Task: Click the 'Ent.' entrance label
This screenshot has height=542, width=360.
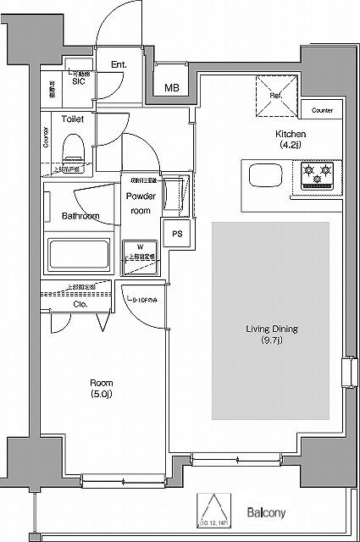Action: coord(119,64)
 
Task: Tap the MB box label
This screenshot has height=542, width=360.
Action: coord(171,87)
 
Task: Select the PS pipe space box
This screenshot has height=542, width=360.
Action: coord(177,235)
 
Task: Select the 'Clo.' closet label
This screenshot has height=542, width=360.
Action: coord(81,303)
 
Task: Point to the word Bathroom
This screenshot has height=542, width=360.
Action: coord(80,216)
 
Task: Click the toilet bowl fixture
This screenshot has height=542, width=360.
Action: coord(72,149)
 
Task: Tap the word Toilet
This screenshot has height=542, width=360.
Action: coord(72,119)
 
